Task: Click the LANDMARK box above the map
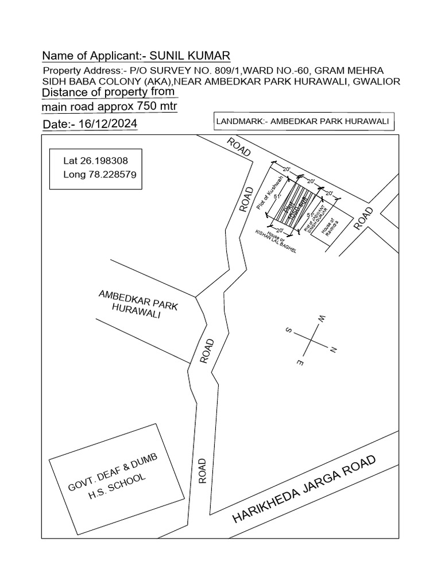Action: point(303,122)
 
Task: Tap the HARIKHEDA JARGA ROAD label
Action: point(304,489)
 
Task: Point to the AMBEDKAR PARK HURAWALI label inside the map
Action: point(138,304)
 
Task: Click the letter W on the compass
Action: point(322,319)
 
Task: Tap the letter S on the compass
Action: point(289,331)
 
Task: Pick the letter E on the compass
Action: point(300,362)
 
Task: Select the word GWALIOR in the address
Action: point(377,81)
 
